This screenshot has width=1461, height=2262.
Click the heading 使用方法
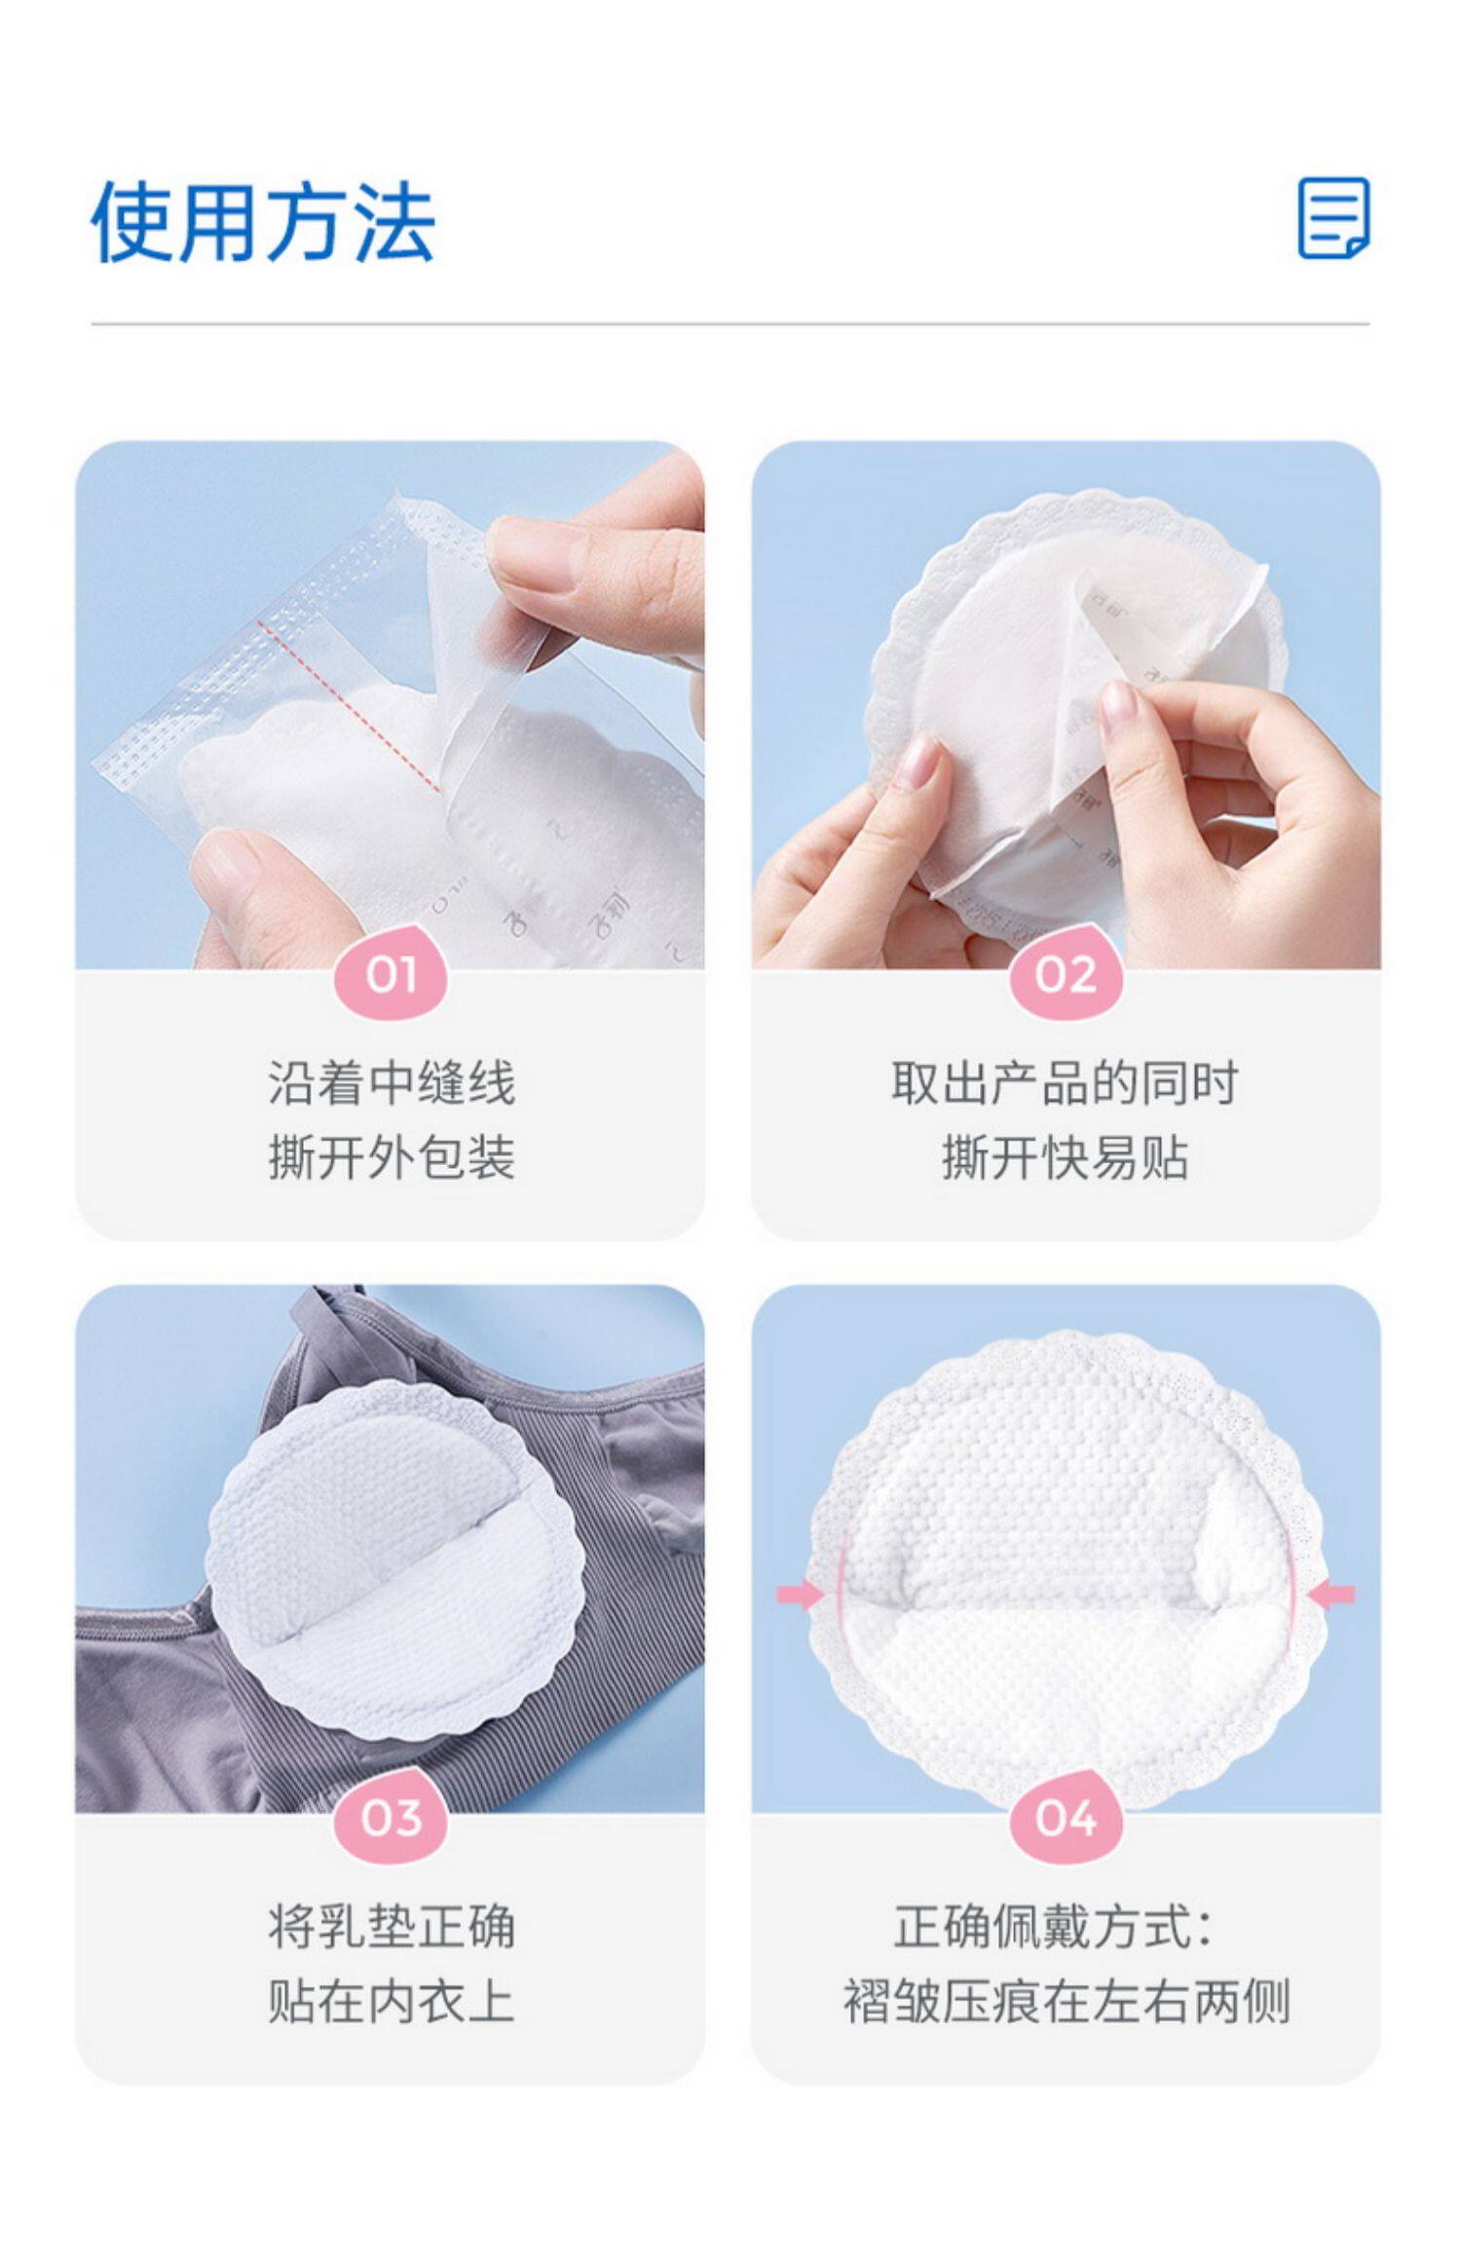[x=263, y=222]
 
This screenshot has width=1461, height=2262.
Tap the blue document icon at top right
[x=1333, y=218]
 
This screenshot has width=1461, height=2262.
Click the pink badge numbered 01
[x=391, y=975]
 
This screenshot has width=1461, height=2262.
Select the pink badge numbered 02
[x=1066, y=975]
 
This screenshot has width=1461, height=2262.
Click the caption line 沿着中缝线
[x=391, y=1083]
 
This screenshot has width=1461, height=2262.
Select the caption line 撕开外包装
[x=391, y=1158]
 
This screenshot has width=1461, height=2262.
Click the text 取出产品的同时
[x=1065, y=1083]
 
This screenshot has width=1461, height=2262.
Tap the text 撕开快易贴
[x=1065, y=1158]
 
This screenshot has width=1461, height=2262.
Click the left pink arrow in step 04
[x=799, y=1595]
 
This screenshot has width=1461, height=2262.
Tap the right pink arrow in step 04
[x=1331, y=1595]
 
